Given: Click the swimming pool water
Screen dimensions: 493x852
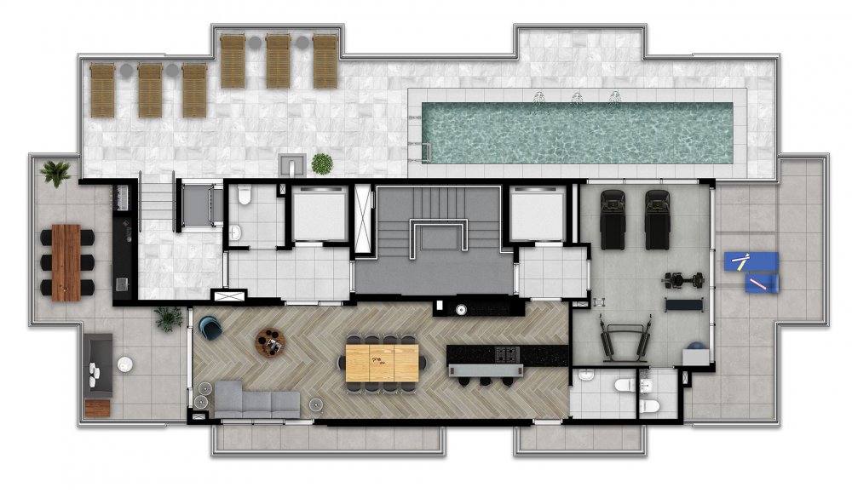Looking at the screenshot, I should [x=579, y=133].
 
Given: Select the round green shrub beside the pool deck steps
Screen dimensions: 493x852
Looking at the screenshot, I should [x=321, y=163].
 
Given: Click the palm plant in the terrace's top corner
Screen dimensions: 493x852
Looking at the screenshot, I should [x=56, y=173].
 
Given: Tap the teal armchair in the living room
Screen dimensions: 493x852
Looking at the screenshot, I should [x=209, y=325].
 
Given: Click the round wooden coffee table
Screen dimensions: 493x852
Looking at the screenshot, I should [x=271, y=341].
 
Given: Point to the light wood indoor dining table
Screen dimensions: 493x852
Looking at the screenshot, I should [x=382, y=361].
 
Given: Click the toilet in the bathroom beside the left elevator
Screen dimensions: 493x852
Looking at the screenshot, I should [x=243, y=198].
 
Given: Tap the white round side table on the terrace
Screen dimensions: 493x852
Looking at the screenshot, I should [x=125, y=364].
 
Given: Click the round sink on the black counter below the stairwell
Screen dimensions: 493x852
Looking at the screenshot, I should [x=462, y=310].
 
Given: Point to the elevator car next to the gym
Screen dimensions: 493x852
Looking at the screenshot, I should [x=535, y=212].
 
